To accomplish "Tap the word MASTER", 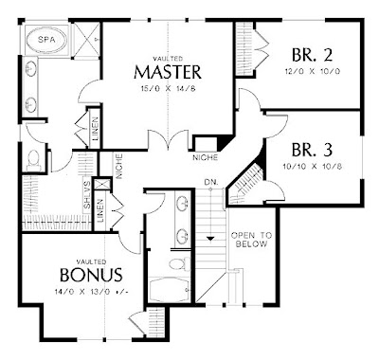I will [166, 72].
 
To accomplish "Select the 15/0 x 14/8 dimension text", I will [166, 90].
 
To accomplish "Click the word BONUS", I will [90, 275].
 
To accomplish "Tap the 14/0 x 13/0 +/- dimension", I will [92, 292].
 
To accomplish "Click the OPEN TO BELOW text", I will [253, 240].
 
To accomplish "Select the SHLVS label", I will [86, 195].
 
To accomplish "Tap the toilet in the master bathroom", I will [35, 158].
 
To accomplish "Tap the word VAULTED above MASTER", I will [166, 56].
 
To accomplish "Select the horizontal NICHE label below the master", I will [205, 155].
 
